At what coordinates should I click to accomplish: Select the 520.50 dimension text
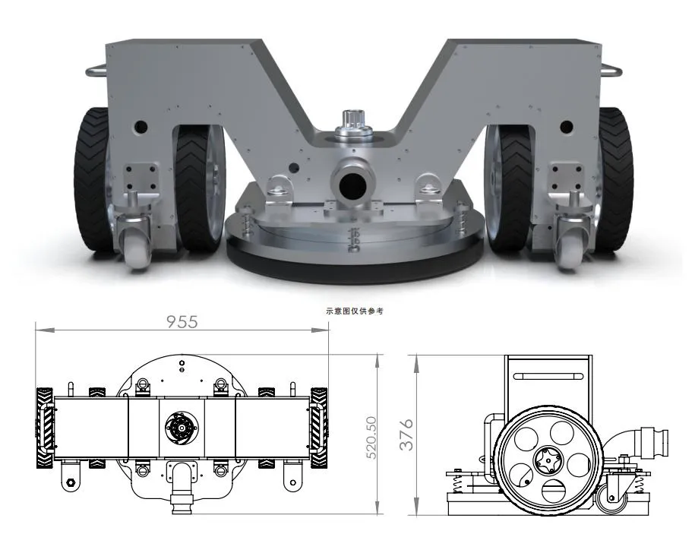tap(371, 437)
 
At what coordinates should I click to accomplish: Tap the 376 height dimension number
tap(407, 434)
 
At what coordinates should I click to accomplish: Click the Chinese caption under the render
tap(348, 311)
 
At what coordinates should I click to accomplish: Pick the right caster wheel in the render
tap(570, 252)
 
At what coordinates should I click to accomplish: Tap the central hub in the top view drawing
tap(181, 429)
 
